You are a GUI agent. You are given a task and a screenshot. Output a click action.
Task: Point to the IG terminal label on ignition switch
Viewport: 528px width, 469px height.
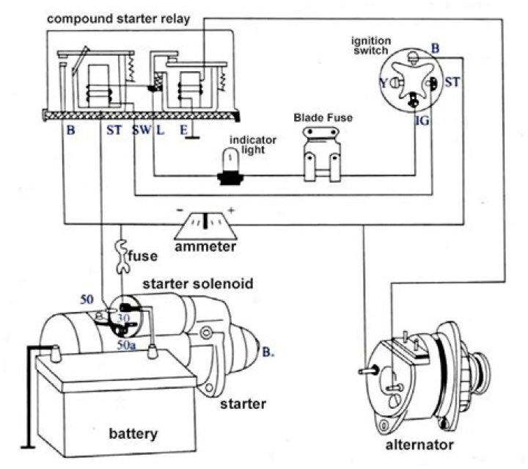(422, 120)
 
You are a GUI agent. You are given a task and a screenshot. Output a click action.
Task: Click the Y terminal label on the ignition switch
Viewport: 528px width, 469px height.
(383, 84)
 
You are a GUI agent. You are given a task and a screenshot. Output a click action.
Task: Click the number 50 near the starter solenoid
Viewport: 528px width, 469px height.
(87, 299)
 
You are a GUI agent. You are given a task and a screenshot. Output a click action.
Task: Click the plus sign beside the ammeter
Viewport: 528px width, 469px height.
(231, 211)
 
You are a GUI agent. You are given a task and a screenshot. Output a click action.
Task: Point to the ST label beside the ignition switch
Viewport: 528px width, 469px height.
(452, 82)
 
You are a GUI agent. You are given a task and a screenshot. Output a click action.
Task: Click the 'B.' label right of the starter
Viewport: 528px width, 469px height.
(268, 352)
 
